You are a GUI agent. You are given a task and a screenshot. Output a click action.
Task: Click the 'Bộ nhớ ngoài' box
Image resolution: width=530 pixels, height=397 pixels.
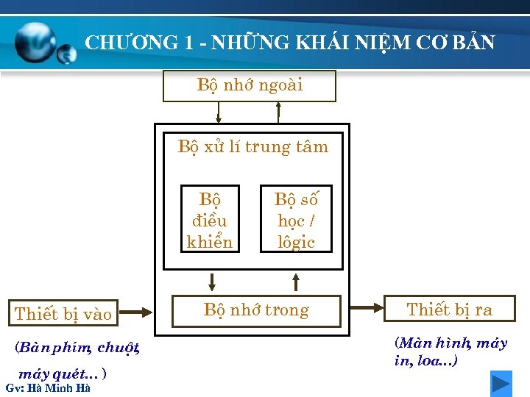[x=249, y=85]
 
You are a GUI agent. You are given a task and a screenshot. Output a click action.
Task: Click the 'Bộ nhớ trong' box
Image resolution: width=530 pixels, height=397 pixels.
[x=256, y=310]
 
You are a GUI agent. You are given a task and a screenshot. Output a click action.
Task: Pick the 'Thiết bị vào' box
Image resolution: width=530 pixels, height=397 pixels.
[x=63, y=314]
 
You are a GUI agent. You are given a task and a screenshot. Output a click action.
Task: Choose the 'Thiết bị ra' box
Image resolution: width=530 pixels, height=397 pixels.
[x=449, y=310]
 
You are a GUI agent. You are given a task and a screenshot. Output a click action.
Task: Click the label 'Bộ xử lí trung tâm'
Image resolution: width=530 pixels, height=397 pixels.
[x=252, y=147]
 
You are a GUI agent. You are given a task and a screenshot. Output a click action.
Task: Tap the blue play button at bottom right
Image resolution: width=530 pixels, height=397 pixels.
[x=501, y=384]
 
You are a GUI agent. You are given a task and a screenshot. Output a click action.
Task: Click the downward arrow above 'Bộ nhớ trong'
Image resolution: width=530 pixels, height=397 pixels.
[x=212, y=282]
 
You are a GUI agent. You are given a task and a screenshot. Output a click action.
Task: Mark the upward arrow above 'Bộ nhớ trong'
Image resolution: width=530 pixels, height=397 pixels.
[x=296, y=282]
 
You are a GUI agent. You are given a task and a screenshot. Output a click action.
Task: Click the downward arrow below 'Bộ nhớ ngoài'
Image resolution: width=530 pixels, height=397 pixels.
[x=218, y=112]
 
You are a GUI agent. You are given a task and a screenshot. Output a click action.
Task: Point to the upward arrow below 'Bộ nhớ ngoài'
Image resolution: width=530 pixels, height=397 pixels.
[x=278, y=112]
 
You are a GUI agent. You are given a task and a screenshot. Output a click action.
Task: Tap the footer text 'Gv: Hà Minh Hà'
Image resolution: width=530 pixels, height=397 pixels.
[x=47, y=388]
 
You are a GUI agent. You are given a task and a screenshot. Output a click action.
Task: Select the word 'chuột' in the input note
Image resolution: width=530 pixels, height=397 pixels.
[x=117, y=347]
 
